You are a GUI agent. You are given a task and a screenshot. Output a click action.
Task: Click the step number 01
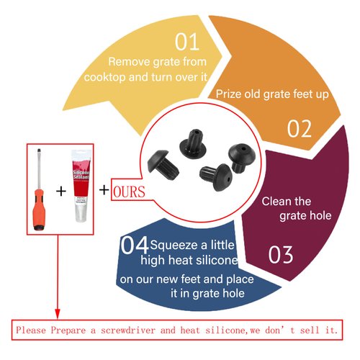[x=187, y=42]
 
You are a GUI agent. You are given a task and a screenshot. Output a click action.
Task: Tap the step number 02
[x=300, y=129]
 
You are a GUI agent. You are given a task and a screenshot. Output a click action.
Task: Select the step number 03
[x=281, y=255]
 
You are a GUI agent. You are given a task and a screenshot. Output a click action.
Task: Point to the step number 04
[x=135, y=245]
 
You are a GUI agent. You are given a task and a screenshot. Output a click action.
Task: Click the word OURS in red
[x=129, y=192]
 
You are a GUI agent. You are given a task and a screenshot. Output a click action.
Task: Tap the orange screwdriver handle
[x=39, y=210]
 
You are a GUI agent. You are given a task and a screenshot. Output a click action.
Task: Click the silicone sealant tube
[x=81, y=186]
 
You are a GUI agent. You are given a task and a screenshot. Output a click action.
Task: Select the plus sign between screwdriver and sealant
[x=61, y=192]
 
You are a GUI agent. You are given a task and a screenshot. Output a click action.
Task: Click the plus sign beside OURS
[x=104, y=190]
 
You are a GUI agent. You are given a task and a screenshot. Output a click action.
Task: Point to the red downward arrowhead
[x=58, y=314]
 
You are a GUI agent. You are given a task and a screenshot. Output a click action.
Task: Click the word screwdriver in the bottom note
[x=128, y=330]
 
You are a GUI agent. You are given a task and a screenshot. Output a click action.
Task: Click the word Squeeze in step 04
[x=174, y=246]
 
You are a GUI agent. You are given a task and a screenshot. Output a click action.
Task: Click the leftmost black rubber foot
[x=163, y=164]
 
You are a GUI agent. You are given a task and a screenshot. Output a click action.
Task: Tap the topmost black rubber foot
[x=193, y=144]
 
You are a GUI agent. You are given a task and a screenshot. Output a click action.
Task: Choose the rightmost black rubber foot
[x=241, y=158]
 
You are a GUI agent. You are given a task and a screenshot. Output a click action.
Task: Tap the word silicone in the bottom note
[x=225, y=330]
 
